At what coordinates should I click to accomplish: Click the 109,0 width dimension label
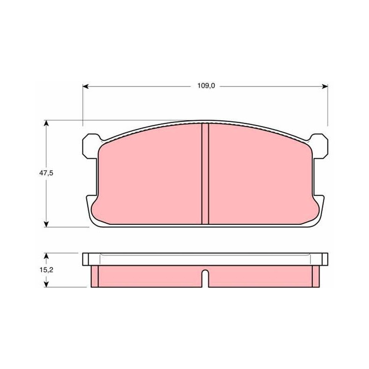206,86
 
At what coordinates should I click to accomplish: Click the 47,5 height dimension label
46,173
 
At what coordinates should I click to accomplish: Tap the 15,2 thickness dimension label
46,270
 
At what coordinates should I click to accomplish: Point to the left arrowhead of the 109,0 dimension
85,86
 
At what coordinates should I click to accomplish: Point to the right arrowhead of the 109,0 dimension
325,86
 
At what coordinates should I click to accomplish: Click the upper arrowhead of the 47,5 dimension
47,123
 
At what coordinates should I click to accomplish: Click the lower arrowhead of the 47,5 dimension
47,224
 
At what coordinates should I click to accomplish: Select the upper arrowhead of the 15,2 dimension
47,256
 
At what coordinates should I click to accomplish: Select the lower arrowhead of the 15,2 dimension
47,284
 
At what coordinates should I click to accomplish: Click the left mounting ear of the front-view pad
90,146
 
